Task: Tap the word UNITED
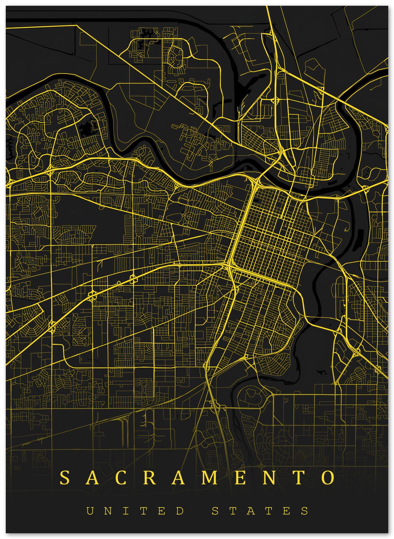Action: pos(135,511)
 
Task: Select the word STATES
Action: pos(260,511)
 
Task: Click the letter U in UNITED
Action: pos(90,511)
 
